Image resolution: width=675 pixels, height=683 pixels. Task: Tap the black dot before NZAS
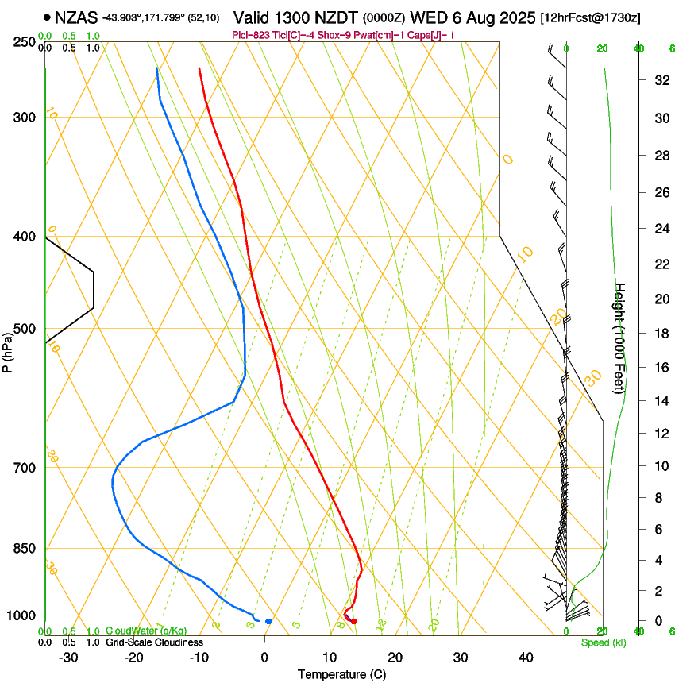(x=48, y=17)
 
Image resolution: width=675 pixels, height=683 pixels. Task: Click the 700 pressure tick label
(x=24, y=467)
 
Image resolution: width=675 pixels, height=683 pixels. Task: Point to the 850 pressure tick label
(x=24, y=548)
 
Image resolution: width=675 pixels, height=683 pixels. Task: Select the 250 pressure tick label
(x=24, y=42)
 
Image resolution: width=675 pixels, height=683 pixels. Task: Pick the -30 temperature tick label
(x=68, y=657)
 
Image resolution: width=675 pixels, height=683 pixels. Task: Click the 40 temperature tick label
(x=526, y=657)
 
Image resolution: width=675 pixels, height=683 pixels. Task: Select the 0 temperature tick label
(x=264, y=657)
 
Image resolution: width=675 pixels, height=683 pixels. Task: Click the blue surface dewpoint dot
(x=268, y=621)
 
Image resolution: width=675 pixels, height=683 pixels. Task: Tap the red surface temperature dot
(x=354, y=621)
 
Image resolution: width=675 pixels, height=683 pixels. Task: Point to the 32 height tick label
(x=661, y=80)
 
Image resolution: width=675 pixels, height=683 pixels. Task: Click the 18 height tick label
(x=661, y=334)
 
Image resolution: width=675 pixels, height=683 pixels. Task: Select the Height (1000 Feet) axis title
(x=620, y=338)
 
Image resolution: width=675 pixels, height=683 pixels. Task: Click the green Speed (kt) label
(x=604, y=642)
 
